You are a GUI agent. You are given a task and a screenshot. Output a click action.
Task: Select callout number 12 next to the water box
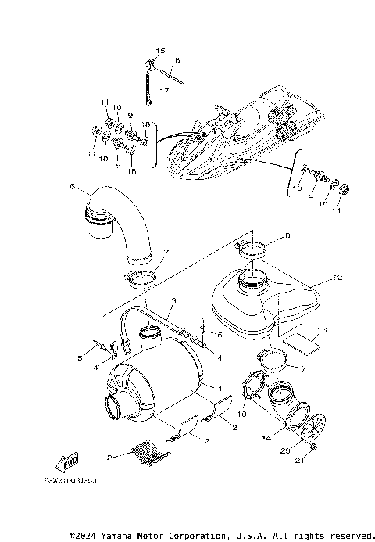[x=337, y=278]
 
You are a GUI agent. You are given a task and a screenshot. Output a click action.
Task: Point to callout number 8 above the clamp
[x=265, y=235]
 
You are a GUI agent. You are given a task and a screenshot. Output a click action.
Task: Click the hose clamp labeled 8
[x=253, y=250]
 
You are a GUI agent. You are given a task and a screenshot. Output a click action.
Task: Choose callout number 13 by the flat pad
[x=323, y=331]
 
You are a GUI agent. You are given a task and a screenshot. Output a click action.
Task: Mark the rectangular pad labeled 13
[x=301, y=339]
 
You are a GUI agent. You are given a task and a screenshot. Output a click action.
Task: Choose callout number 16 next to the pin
[x=174, y=60]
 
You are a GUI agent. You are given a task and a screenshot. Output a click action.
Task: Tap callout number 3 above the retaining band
[x=174, y=300]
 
